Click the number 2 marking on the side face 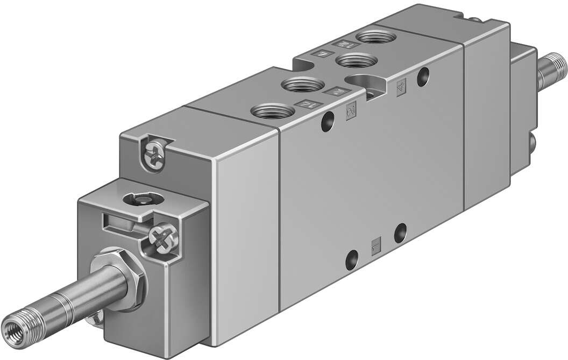[x=351, y=111]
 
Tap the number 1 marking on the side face [x=376, y=247]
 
